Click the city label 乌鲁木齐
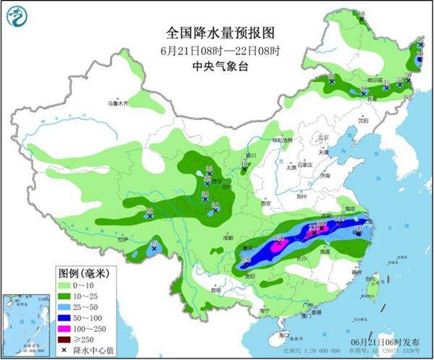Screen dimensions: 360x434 click(x=117, y=104)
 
